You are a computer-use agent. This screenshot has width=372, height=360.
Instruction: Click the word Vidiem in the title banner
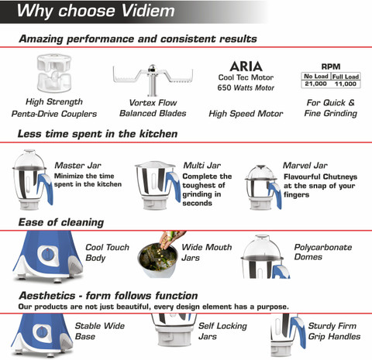[x=148, y=11]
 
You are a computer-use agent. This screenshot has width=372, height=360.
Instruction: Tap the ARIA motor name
[x=246, y=67]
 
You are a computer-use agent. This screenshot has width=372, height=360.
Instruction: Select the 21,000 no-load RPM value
[x=315, y=84]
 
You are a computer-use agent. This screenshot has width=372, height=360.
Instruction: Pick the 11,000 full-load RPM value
[x=346, y=84]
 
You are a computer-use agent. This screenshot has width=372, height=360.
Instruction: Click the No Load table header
[x=316, y=77]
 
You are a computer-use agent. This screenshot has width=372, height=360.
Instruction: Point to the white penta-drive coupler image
[x=54, y=73]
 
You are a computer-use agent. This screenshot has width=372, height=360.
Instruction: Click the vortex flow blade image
[x=153, y=80]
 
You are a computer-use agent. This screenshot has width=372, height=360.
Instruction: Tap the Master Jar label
[x=77, y=166]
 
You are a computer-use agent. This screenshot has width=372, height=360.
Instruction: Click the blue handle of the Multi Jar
[x=173, y=186]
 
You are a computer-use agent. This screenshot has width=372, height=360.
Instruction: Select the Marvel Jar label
[x=305, y=166]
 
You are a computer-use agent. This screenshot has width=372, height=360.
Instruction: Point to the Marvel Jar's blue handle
[x=274, y=195]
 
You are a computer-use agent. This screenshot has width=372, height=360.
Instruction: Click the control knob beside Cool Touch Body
[x=47, y=255]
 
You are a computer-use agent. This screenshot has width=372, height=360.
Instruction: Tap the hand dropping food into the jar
[x=171, y=239]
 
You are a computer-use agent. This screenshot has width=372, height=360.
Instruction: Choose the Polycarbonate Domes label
[x=323, y=252]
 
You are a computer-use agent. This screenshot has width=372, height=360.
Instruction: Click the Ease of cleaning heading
[x=61, y=222]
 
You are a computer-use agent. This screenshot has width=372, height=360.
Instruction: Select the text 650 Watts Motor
[x=246, y=87]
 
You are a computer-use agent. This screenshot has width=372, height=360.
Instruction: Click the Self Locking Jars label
[x=222, y=331]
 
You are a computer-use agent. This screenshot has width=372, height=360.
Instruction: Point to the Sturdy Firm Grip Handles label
[x=334, y=331]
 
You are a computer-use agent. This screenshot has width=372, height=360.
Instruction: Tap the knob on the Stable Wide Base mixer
[x=41, y=331]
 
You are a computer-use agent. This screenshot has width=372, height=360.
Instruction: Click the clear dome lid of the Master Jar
[x=29, y=159]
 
